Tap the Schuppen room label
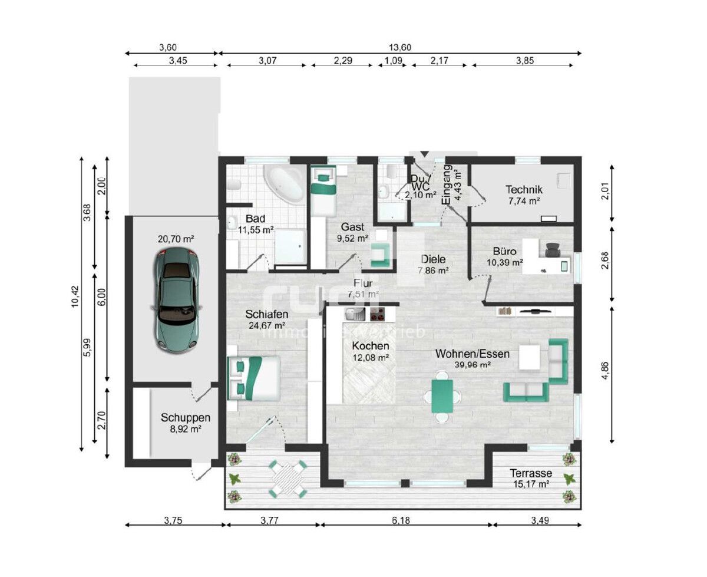point(185,417)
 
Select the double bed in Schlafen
point(254,377)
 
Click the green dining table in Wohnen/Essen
point(442,395)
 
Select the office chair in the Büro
point(553,250)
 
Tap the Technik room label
point(524,190)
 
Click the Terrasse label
point(530,473)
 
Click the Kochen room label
point(370,346)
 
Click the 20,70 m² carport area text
point(176,239)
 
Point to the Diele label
point(433,259)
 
